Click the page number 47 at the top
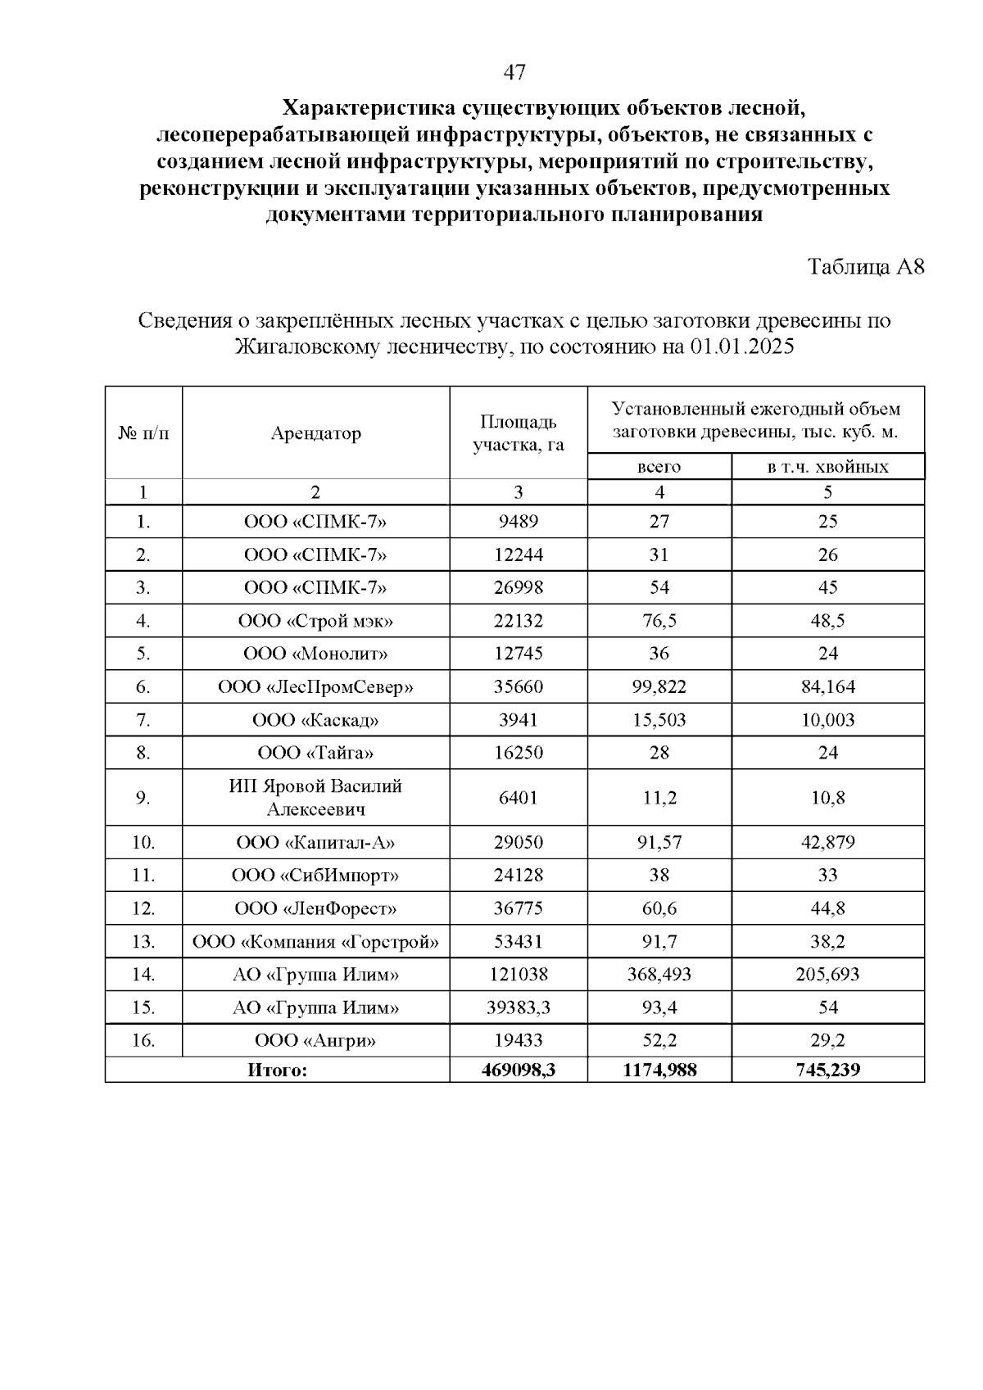[514, 73]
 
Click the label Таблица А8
[866, 267]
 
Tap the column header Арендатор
[315, 433]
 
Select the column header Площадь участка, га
[518, 433]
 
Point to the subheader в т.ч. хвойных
[827, 467]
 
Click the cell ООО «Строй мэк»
[315, 621]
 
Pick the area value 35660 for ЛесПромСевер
[518, 687]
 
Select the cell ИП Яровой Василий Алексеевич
[315, 798]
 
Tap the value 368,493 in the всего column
[659, 975]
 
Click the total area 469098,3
[518, 1070]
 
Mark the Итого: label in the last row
[277, 1070]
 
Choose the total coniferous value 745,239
[827, 1070]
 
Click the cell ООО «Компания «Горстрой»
[315, 942]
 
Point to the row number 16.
[143, 1041]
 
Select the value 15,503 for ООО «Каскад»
[659, 720]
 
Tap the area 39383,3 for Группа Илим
[518, 1007]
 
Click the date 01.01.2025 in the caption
[742, 346]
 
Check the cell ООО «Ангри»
[315, 1041]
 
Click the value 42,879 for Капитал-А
[827, 842]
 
